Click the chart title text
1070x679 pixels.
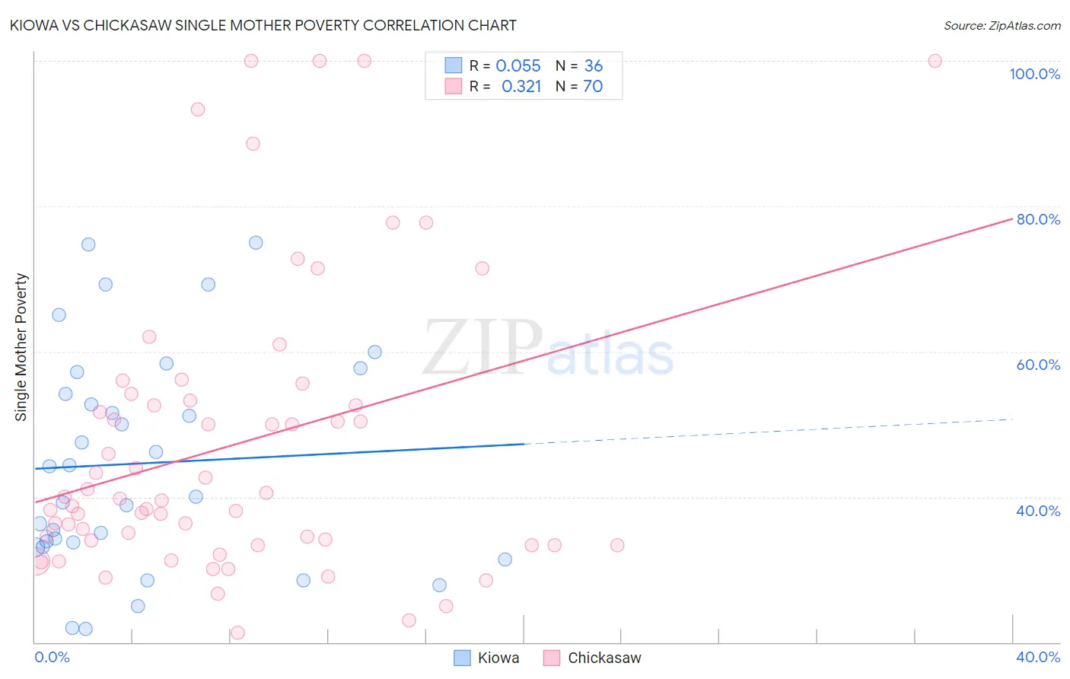point(263,26)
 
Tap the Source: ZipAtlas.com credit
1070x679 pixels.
point(1002,26)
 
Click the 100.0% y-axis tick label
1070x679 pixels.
point(1034,74)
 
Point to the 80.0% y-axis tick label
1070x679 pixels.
point(1038,219)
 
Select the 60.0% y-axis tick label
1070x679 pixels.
point(1038,365)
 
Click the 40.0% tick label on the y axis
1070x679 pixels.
point(1038,511)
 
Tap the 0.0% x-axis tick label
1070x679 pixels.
point(52,657)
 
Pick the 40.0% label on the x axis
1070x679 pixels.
point(1038,657)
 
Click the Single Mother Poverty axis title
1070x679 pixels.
point(21,347)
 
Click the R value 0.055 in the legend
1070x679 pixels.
point(517,66)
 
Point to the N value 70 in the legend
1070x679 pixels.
point(593,87)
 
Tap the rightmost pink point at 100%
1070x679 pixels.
point(935,61)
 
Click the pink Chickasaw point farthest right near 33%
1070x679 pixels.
point(617,545)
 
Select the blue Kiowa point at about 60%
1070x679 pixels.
point(374,352)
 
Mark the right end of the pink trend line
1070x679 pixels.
point(1012,218)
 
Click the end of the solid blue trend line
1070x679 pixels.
point(524,444)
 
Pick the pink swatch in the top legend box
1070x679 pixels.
point(454,86)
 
